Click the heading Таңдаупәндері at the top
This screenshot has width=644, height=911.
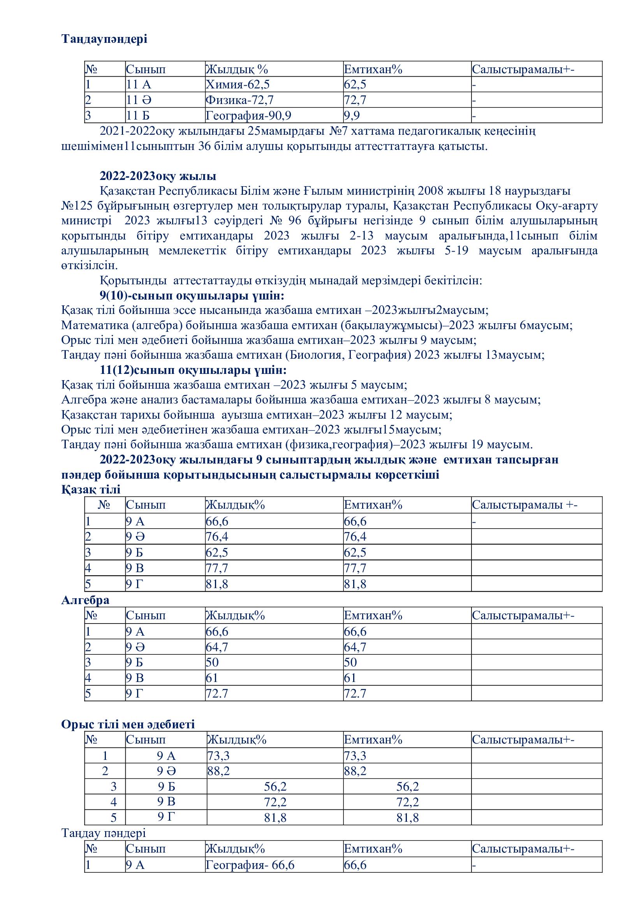click(x=104, y=39)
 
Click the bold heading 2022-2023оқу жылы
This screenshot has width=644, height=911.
click(x=158, y=176)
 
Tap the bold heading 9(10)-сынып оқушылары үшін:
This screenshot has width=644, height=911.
click(x=192, y=296)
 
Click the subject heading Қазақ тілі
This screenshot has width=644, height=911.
click(x=91, y=489)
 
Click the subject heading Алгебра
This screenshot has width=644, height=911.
click(x=85, y=600)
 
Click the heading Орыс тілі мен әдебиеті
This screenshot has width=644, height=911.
click(x=128, y=724)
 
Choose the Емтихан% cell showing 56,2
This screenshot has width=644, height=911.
click(x=407, y=786)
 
